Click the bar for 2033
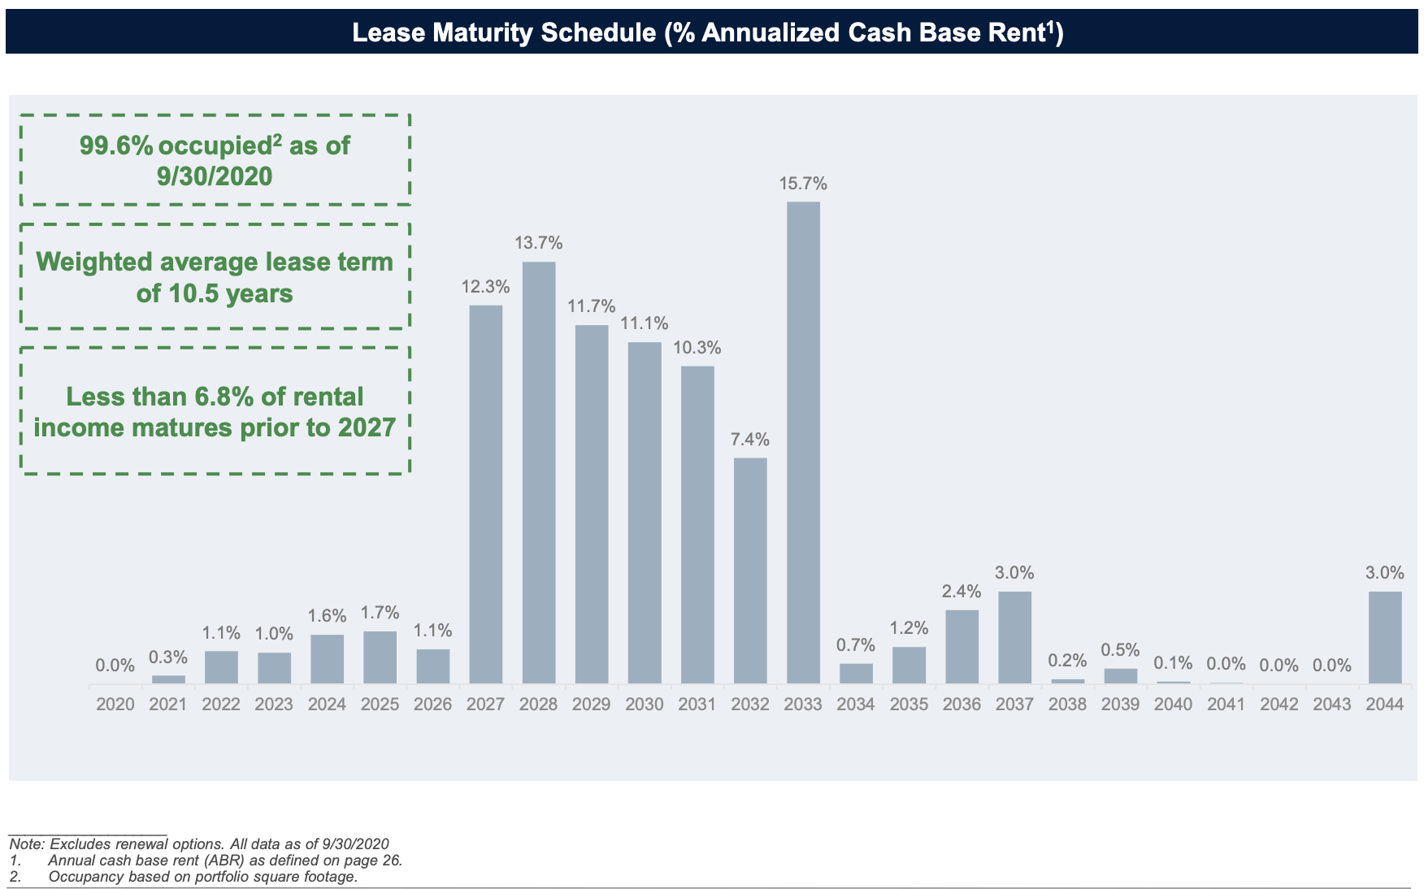803,442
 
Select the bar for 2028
539,472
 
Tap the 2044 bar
1385,637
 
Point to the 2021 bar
168,679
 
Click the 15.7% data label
803,184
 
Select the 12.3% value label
485,287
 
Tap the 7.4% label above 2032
750,440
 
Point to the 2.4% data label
962,592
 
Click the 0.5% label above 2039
1120,650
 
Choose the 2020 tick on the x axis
115,705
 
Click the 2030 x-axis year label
645,705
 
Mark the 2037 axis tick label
1014,705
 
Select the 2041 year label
1226,705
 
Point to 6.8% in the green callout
224,397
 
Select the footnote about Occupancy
202,877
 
